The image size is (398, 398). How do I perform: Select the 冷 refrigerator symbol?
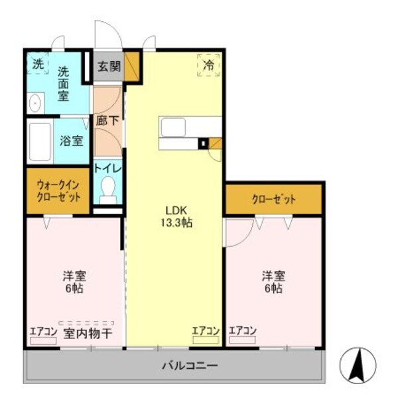tap(208, 66)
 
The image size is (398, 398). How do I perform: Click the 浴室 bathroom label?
tap(71, 141)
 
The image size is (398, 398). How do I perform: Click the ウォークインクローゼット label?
tap(58, 191)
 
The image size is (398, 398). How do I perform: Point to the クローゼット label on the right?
tap(273, 199)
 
